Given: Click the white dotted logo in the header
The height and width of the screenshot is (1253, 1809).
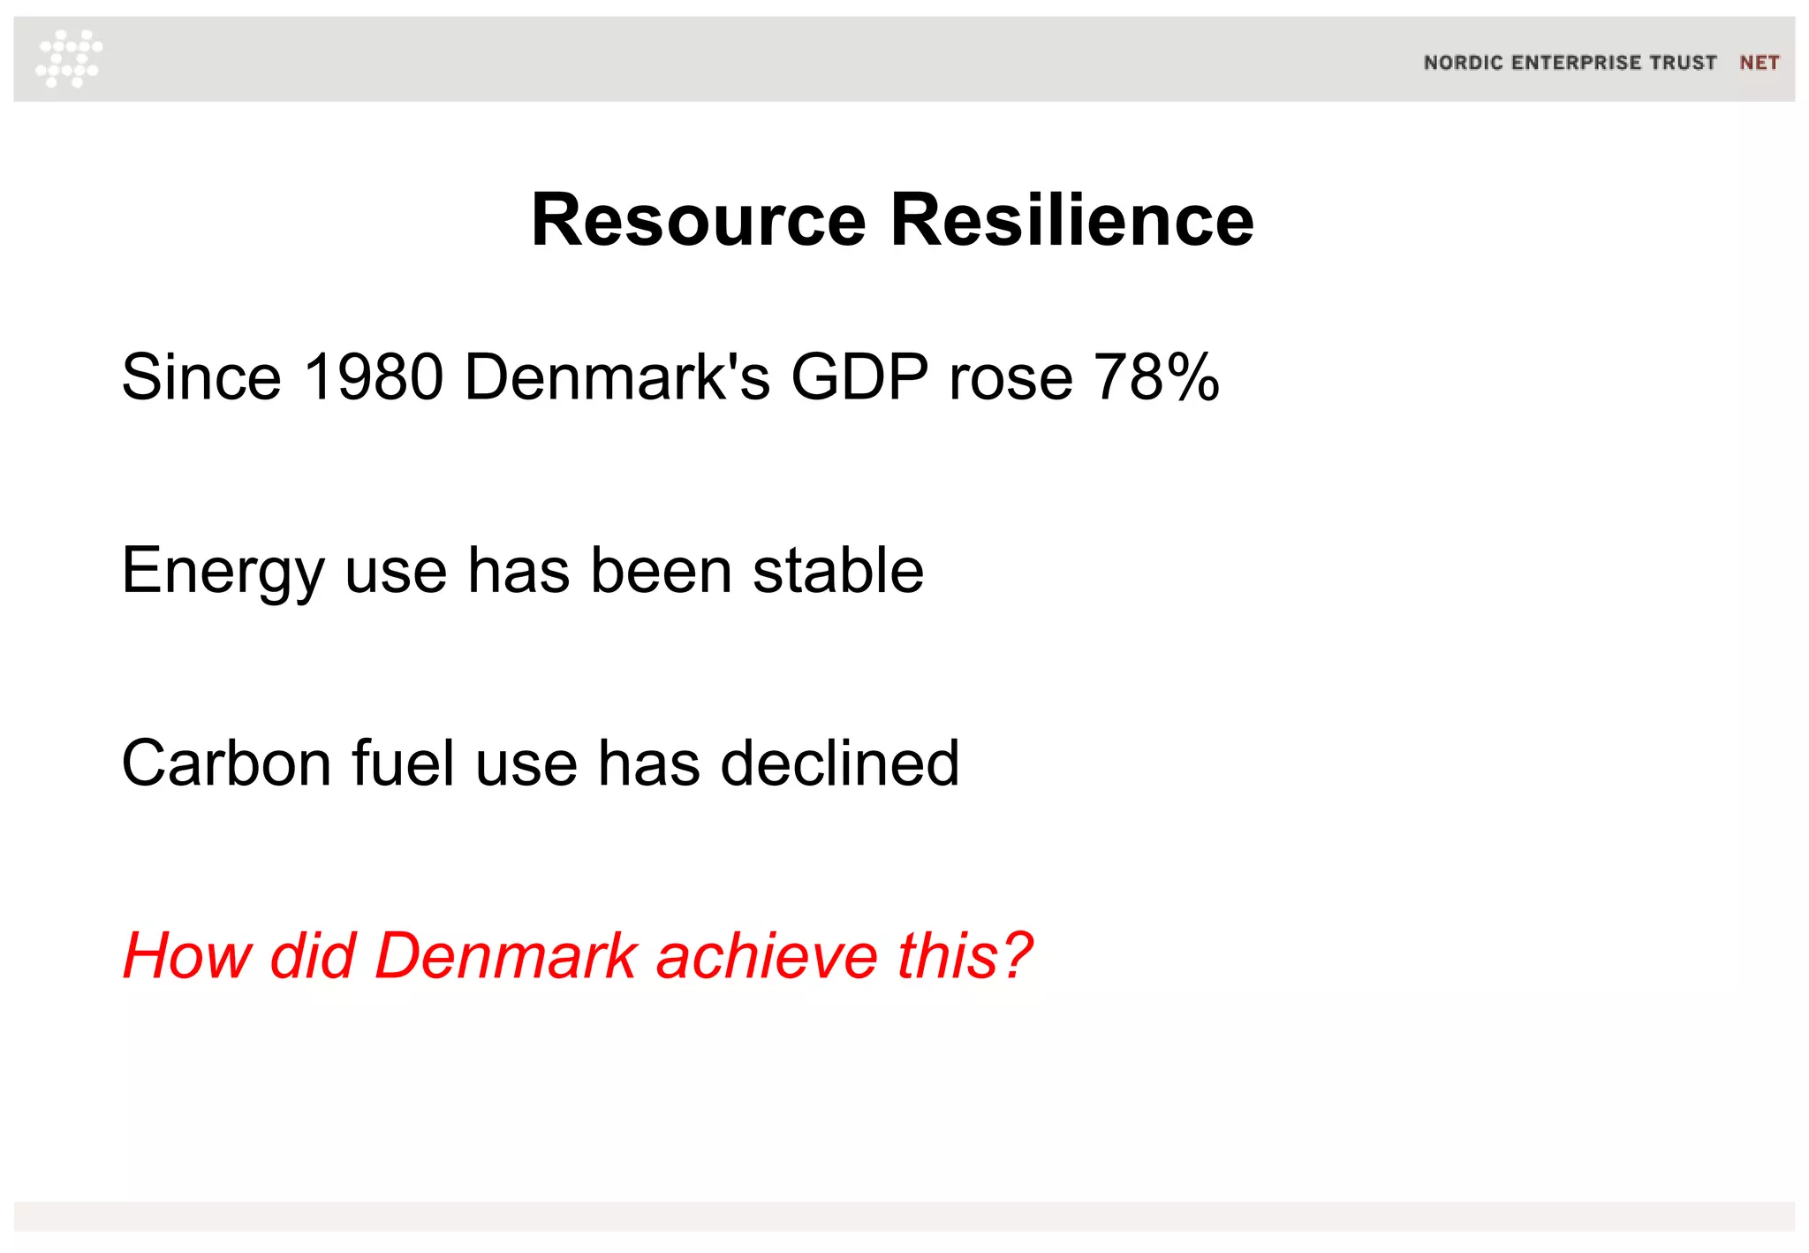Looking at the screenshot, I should click(x=69, y=58).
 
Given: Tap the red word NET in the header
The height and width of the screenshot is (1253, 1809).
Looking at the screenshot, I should click(x=1759, y=63).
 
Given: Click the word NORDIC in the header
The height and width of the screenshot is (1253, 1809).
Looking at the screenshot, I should click(x=1463, y=63).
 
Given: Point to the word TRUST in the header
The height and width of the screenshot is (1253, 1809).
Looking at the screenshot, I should click(x=1684, y=63).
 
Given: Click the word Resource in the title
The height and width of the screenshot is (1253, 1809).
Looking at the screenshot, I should click(x=698, y=220).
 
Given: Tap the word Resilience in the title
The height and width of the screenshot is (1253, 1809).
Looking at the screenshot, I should click(x=1071, y=220).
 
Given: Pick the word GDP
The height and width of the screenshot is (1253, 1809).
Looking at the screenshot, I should click(x=859, y=377).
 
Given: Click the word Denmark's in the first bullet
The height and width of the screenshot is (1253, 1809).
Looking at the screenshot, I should click(x=617, y=377).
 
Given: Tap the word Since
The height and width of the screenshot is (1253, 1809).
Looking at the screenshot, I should click(x=201, y=377).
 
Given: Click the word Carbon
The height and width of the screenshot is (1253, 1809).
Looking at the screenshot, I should click(x=226, y=763).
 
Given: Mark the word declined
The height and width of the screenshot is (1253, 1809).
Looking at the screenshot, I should click(x=839, y=763).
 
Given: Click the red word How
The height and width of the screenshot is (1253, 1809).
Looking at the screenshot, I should click(x=186, y=956).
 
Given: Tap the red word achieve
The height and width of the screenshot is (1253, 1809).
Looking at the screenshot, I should click(x=767, y=956).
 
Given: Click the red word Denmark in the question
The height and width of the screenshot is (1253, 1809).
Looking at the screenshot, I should click(x=505, y=956).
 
